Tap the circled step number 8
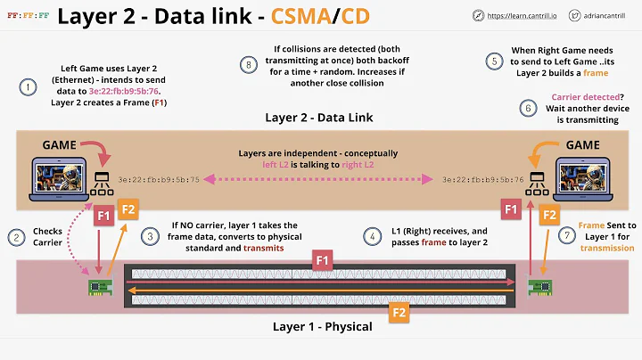coord(250,63)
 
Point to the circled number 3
coord(152,236)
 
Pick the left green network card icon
coord(97,287)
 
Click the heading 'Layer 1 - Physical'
coord(322,326)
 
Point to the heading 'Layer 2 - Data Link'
coord(319,117)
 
